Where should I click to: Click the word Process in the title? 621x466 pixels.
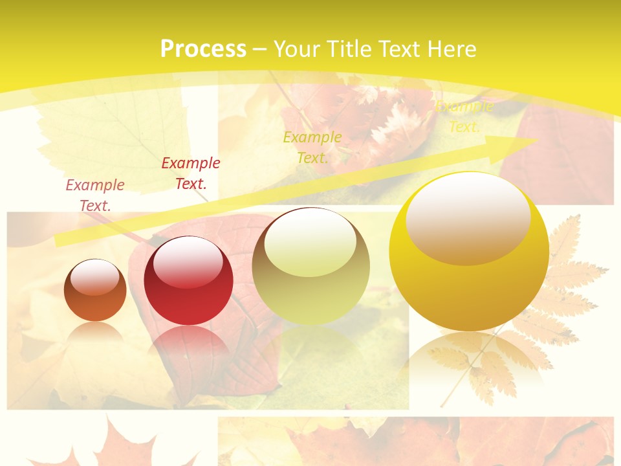coord(203,49)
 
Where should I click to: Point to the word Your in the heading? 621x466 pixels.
coord(298,49)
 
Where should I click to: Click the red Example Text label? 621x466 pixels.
coord(191,173)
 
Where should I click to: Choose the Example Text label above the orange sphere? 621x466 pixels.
coord(95,195)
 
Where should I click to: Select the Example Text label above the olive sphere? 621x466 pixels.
coord(312,147)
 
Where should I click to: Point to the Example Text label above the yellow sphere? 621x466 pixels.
coord(464,116)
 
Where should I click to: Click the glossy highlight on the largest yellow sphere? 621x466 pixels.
coord(468,217)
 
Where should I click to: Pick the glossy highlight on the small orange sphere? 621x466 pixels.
coord(94,277)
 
